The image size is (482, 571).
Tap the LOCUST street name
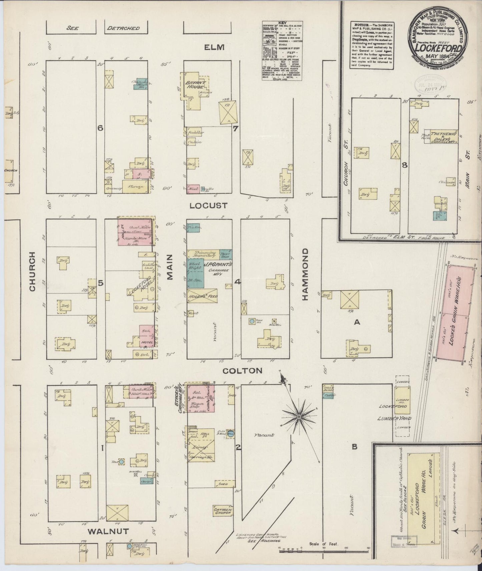click(208, 205)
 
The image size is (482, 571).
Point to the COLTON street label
click(243, 370)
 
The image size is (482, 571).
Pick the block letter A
click(357, 322)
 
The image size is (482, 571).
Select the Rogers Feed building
click(202, 296)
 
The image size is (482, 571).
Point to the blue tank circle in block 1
click(122, 462)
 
